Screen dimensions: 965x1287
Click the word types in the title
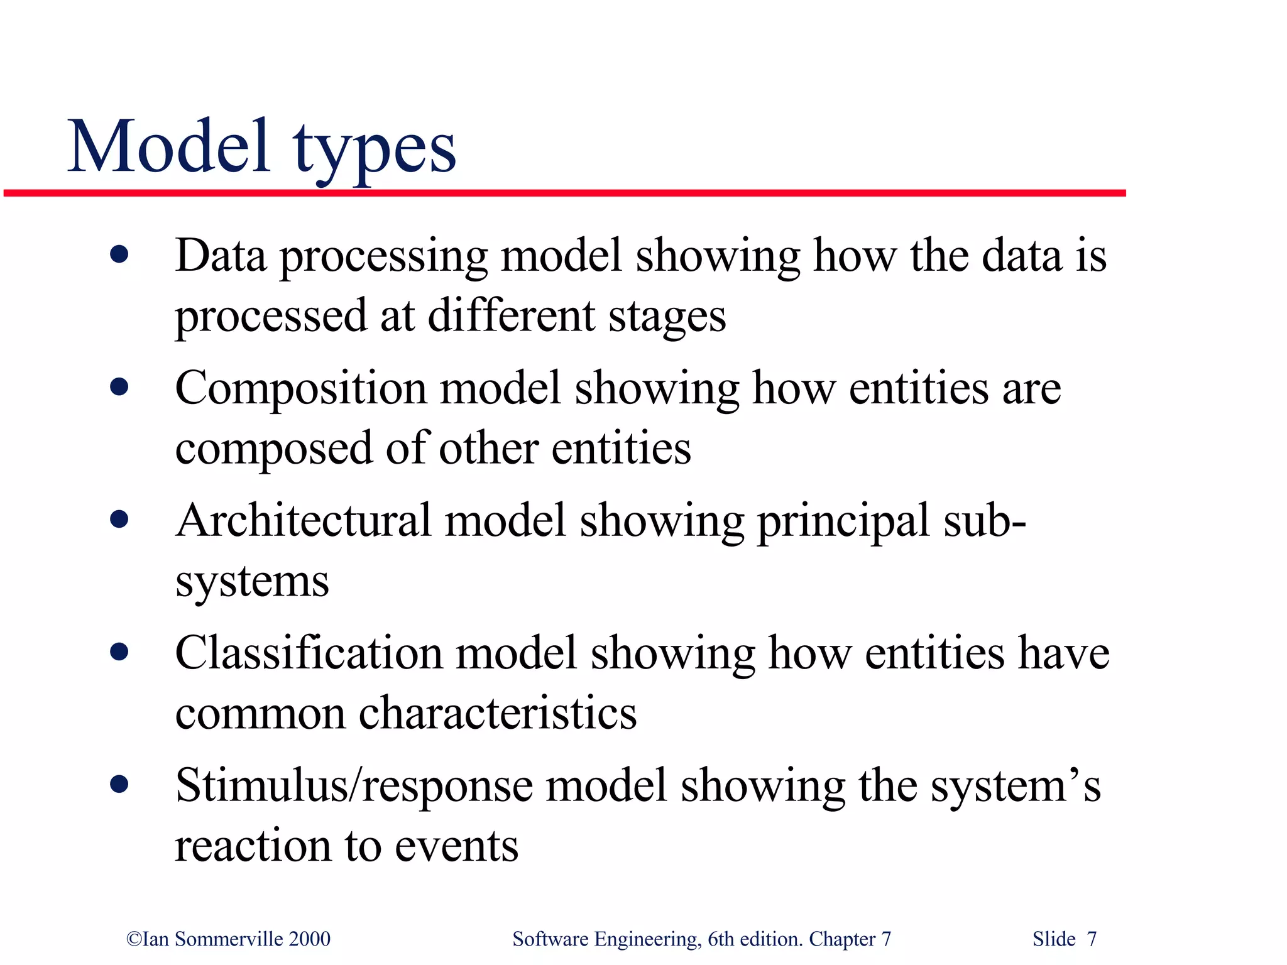(375, 151)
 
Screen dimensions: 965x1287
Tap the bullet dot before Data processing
(119, 255)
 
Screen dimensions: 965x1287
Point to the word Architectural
(304, 521)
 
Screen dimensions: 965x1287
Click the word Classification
(309, 653)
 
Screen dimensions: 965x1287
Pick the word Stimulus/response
(354, 787)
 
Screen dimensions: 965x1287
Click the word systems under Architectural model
(252, 582)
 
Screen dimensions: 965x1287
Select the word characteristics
(497, 713)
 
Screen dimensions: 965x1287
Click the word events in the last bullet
(457, 846)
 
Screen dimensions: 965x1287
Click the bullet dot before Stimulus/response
(119, 784)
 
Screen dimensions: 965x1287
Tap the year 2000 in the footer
(309, 939)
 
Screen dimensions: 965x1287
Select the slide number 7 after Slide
(1092, 939)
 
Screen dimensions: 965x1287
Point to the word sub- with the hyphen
(985, 521)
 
